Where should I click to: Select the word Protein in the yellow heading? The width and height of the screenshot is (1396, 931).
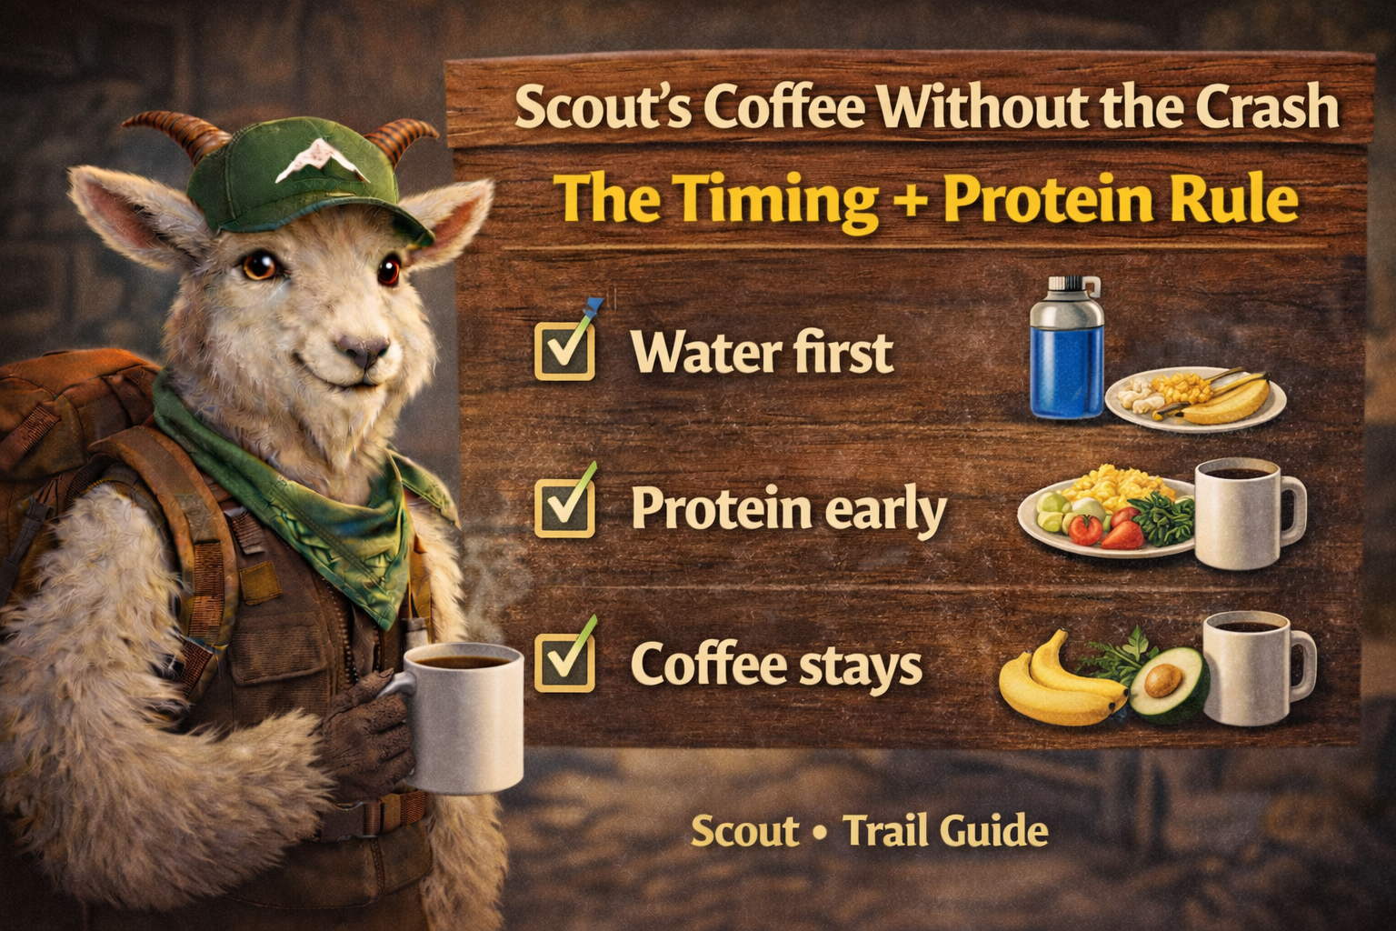point(1031,199)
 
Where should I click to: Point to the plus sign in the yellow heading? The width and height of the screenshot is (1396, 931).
point(912,200)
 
